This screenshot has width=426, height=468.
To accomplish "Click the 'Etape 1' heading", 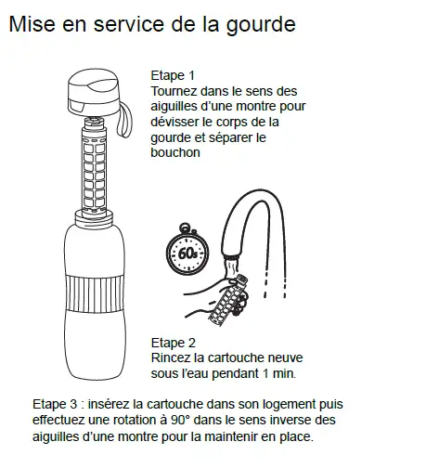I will pyautogui.click(x=172, y=75).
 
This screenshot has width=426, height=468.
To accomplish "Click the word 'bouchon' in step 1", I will pyautogui.click(x=175, y=153).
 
